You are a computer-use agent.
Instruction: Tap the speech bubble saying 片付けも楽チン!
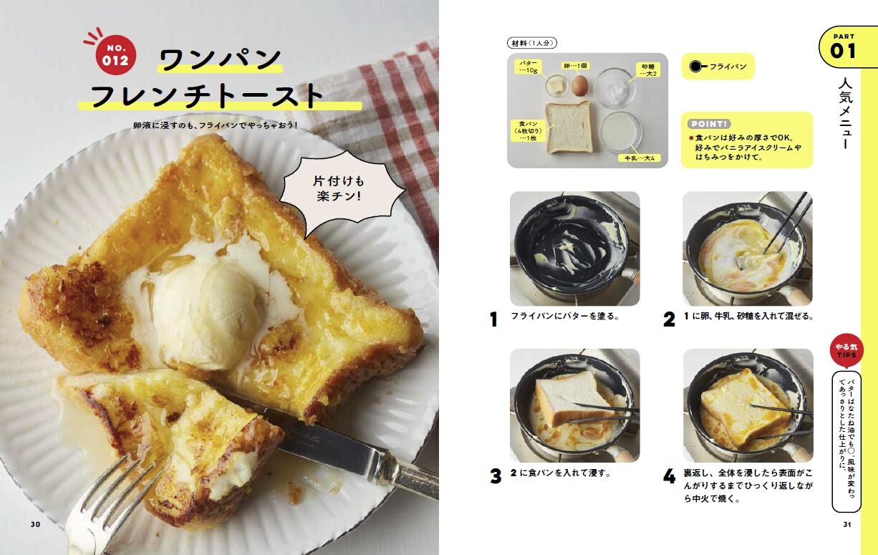point(339,189)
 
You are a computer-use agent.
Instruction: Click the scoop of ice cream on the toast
point(208,308)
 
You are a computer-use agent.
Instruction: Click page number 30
point(35,524)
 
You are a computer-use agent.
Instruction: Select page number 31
point(846,524)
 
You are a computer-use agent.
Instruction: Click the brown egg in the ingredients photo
point(579,85)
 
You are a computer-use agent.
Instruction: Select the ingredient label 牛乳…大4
point(640,158)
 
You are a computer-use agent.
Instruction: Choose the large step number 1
point(493,319)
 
